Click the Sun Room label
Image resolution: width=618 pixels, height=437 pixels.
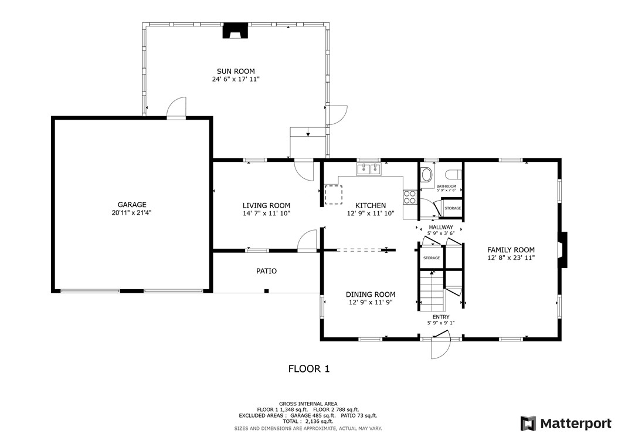coord(235,72)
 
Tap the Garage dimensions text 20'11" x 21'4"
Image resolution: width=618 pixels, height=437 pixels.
coord(131,213)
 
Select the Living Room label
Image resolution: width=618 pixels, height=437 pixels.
coord(266,205)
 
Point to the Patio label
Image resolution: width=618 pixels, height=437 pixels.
coord(266,271)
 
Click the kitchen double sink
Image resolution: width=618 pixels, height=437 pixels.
coord(369,170)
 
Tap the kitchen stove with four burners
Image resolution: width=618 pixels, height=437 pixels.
coord(410,196)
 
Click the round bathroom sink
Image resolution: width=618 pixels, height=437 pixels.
coord(426,175)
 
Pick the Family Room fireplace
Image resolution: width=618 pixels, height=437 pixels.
coord(562,250)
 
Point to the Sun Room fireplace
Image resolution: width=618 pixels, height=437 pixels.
coord(236,31)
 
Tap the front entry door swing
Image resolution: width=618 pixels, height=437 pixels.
coord(440,347)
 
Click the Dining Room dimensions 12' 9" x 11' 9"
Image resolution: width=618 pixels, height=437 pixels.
coord(370,303)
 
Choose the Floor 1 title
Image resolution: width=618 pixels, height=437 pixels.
coord(308,369)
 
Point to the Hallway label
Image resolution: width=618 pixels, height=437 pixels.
coord(440,227)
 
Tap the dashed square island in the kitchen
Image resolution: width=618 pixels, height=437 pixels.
coord(334,194)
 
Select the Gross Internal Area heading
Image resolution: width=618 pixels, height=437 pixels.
coord(308,404)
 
